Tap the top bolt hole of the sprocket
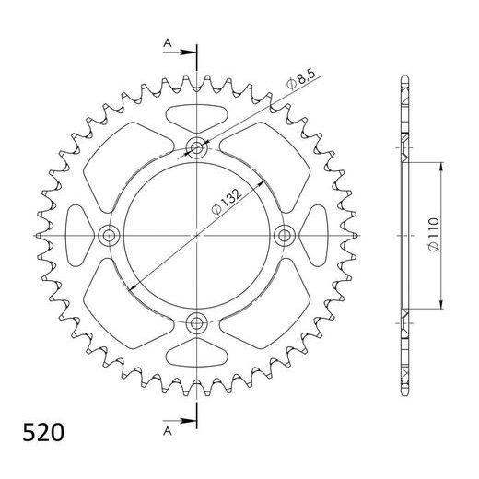coord(196,146)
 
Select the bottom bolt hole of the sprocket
coord(196,321)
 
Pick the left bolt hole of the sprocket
coord(110,235)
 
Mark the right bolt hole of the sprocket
coord(284,234)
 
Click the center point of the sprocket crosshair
coord(196,234)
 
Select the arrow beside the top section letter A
coord(187,52)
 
